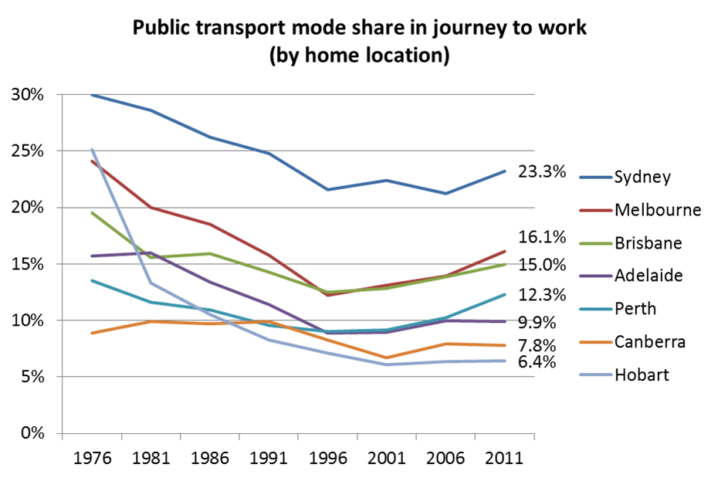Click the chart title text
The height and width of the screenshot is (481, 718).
[360, 42]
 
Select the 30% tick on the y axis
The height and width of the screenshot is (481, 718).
[27, 95]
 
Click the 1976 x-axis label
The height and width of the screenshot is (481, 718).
[92, 458]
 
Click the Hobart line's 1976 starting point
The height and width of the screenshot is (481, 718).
[92, 149]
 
